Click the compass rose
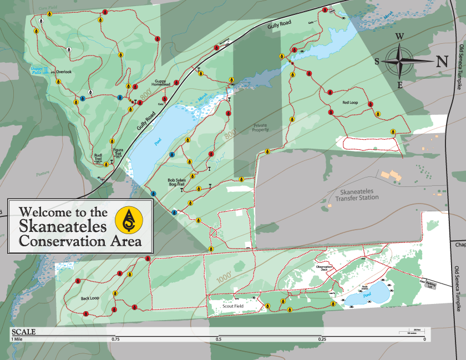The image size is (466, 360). pyautogui.click(x=403, y=61)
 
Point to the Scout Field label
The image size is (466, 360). pyautogui.click(x=233, y=306)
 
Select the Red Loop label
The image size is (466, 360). pyautogui.click(x=350, y=103)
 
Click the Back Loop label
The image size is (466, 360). pyautogui.click(x=89, y=298)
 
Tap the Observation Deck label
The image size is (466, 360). pyautogui.click(x=323, y=268)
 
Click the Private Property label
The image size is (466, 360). pyautogui.click(x=260, y=128)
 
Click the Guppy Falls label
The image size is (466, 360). pyautogui.click(x=36, y=70)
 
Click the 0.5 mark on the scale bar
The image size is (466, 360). pyautogui.click(x=219, y=339)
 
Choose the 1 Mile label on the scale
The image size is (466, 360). pyautogui.click(x=18, y=339)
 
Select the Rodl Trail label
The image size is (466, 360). pyautogui.click(x=98, y=158)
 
